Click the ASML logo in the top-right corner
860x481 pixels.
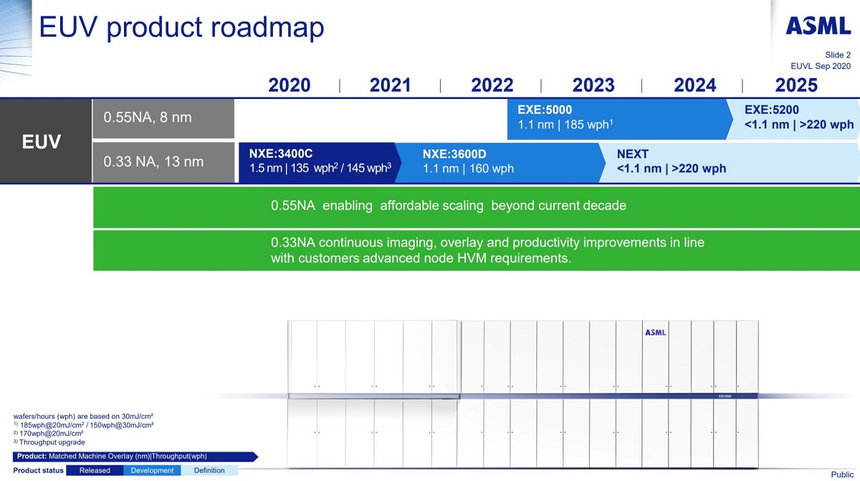pos(818,27)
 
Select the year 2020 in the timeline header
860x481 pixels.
pos(290,85)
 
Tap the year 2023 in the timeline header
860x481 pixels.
pos(593,85)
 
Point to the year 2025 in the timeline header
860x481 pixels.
pos(796,85)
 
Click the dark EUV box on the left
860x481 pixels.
pos(42,142)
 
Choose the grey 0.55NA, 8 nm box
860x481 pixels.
pos(163,118)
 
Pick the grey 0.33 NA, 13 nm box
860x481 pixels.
pos(163,162)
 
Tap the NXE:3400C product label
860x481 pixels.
pos(281,153)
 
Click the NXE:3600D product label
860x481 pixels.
pos(454,153)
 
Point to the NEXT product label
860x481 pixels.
pos(632,153)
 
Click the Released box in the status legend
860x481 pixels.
pos(95,470)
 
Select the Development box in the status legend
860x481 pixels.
pos(152,470)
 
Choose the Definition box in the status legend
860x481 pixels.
pos(209,470)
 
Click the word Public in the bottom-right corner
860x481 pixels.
pos(842,475)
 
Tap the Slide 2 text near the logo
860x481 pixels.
pos(838,54)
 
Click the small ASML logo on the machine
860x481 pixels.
pos(655,333)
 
